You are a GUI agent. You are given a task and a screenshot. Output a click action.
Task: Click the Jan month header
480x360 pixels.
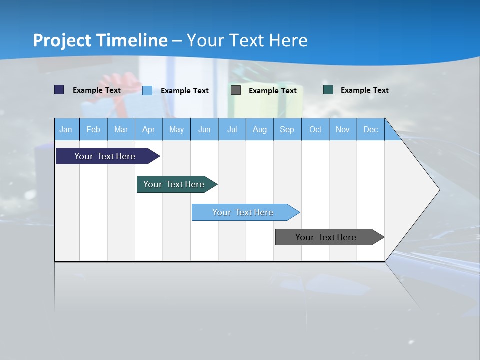pos(66,129)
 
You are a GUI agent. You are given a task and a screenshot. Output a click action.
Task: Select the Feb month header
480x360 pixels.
pos(93,129)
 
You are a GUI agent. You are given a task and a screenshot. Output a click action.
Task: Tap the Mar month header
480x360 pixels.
pos(121,129)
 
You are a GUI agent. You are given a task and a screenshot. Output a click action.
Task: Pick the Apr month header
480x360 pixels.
pos(149,129)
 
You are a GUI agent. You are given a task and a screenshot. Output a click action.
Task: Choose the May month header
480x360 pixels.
pos(176,129)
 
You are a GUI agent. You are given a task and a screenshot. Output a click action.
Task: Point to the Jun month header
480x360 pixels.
pos(204,129)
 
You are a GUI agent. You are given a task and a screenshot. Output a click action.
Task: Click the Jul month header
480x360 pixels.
pos(232,129)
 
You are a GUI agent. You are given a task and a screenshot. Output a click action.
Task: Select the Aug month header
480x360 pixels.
pos(260,129)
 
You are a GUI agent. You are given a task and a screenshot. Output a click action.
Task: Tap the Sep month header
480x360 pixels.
pos(287,129)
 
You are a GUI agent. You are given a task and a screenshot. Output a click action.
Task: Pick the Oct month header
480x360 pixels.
pos(315,129)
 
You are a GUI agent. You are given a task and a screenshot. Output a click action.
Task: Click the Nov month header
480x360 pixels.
pos(343,129)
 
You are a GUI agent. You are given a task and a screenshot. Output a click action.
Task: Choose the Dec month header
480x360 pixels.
pos(371,129)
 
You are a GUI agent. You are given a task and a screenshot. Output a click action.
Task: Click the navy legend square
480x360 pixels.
pos(59,90)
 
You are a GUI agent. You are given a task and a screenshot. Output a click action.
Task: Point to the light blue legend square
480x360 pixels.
pos(147,90)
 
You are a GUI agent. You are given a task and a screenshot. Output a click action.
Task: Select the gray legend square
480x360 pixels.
pos(236,90)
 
